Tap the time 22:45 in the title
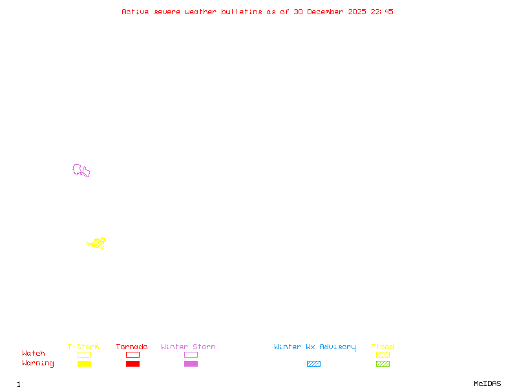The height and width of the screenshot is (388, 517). (382, 12)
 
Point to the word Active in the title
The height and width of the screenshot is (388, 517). (136, 12)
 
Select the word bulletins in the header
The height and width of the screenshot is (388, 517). (242, 12)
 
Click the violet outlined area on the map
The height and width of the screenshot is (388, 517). (80, 170)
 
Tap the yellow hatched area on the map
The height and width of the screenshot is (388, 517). (98, 243)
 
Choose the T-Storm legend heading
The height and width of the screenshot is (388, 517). (83, 347)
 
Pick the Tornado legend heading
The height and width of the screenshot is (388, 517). (132, 347)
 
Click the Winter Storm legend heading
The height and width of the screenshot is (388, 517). (188, 347)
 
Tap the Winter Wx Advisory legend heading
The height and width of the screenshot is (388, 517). (315, 347)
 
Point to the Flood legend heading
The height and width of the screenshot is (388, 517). (383, 347)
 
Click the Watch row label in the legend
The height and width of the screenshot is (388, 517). (34, 354)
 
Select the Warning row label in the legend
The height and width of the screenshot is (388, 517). (38, 363)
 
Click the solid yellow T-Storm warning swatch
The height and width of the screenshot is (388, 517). (84, 364)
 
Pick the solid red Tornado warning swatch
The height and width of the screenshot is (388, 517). (132, 364)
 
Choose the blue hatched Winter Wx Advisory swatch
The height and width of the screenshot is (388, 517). (313, 364)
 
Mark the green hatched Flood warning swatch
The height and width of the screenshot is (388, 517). (383, 364)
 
